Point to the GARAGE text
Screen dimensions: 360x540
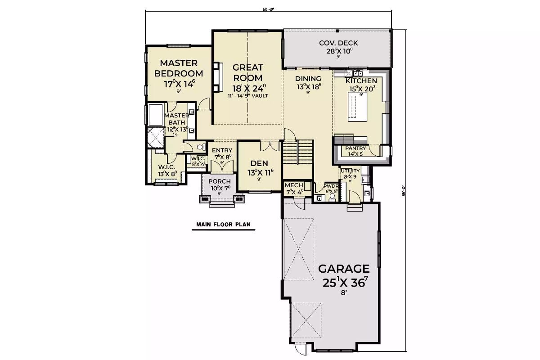[x=344, y=269]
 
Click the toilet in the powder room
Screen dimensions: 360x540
[x=333, y=197]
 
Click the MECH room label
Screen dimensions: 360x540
[x=294, y=185]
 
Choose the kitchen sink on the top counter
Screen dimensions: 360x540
[x=359, y=72]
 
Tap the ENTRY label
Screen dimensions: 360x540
[x=222, y=150]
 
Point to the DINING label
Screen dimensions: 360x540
[x=308, y=79]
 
